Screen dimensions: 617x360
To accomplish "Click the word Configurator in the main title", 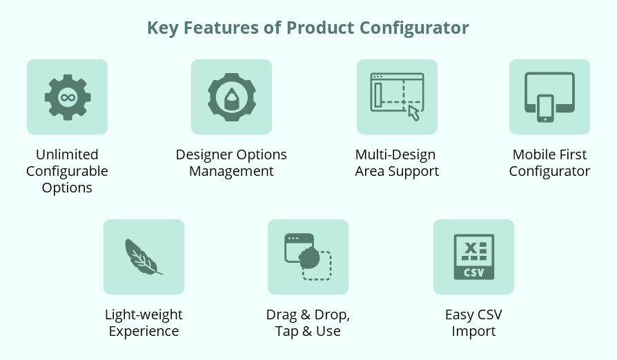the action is (x=414, y=28).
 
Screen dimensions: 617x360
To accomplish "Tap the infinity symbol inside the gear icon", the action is (x=68, y=97).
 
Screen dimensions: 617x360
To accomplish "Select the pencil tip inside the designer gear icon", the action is (x=231, y=93).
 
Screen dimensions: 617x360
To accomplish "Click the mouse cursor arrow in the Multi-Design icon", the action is (x=413, y=112).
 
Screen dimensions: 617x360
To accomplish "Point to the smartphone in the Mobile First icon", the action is (x=545, y=108).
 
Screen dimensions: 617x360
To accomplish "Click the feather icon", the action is (x=144, y=257).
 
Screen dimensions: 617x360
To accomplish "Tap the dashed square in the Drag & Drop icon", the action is (x=317, y=266).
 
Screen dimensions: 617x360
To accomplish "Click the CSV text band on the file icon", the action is (x=473, y=272).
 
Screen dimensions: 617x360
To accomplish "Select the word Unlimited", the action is (x=67, y=154).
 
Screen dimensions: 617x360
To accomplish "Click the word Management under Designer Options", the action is (x=231, y=171).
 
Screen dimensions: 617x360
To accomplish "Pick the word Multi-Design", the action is (x=395, y=154).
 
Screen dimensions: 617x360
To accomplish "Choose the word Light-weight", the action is (x=144, y=314).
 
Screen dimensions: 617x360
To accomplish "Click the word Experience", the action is (x=144, y=331).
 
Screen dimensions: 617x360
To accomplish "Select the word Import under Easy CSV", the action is (x=473, y=331).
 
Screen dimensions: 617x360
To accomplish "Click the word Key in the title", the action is (x=163, y=28).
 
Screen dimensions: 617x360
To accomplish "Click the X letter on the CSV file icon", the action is (x=470, y=248).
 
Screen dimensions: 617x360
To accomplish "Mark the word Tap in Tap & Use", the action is (x=287, y=331).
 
